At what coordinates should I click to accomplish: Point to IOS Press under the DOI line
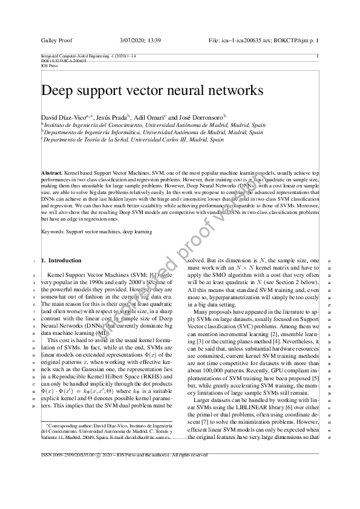(48, 65)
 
